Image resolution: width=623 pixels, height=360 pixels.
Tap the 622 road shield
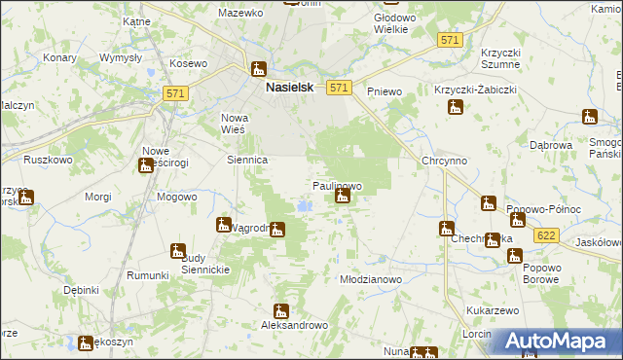tap(546, 234)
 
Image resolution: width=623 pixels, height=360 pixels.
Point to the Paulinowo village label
tap(337, 185)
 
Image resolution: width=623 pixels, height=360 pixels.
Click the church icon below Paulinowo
tap(342, 198)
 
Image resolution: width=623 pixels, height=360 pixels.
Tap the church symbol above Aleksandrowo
tap(281, 312)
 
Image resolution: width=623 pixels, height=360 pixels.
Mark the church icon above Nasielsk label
tap(259, 70)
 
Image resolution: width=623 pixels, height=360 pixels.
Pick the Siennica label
tap(246, 160)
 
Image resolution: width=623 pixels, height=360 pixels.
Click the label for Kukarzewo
tap(491, 308)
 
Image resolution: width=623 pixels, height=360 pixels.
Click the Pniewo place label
tap(385, 91)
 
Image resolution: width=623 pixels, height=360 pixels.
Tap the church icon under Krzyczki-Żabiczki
tap(455, 108)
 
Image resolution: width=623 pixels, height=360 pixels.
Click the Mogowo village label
tap(177, 196)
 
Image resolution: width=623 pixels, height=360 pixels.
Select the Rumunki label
tap(148, 275)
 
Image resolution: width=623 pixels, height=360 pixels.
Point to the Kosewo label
tap(189, 63)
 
